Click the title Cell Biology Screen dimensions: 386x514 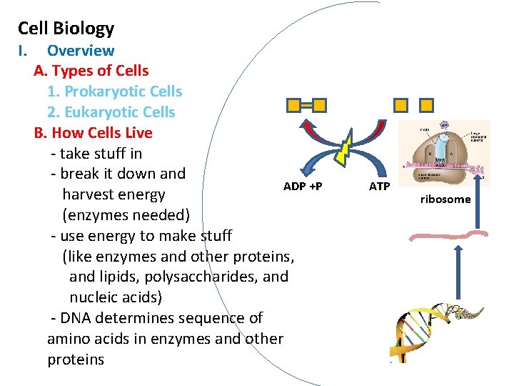66,29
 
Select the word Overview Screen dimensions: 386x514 80,51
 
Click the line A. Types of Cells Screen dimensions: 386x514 91,71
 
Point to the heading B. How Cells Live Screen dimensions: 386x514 93,133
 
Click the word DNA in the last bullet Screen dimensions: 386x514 78,318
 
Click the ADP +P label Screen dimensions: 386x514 303,187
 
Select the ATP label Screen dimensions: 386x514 379,187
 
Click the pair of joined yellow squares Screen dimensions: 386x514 306,106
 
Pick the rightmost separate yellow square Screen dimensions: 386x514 426,106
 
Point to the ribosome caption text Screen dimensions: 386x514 445,199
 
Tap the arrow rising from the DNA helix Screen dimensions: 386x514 457,272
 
